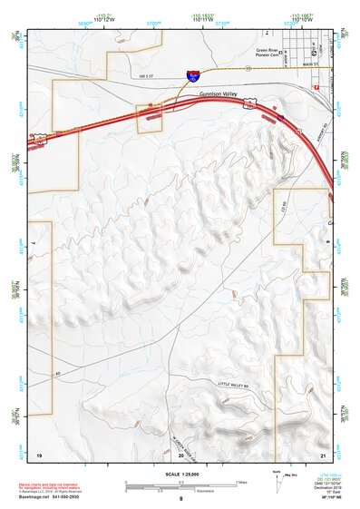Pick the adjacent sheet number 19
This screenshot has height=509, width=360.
pyautogui.click(x=39, y=453)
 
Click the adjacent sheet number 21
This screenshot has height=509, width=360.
pyautogui.click(x=323, y=453)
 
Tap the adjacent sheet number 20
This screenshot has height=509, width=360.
pyautogui.click(x=180, y=453)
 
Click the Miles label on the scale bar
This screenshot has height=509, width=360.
pyautogui.click(x=239, y=482)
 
